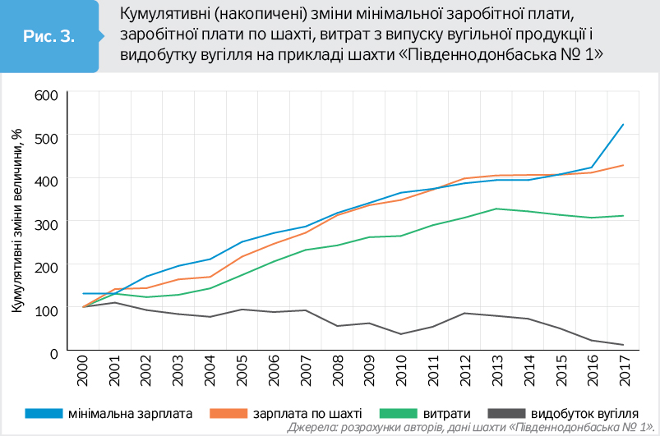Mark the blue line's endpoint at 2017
pyautogui.click(x=624, y=125)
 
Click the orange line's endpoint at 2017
pyautogui.click(x=624, y=165)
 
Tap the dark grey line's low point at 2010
pyautogui.click(x=402, y=334)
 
